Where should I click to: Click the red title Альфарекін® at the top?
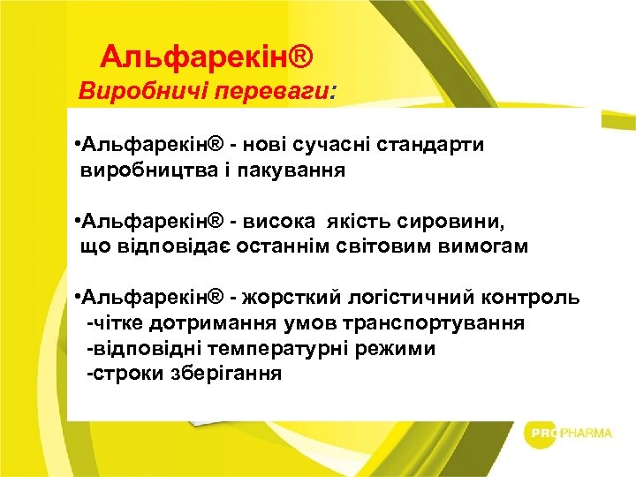click(x=207, y=57)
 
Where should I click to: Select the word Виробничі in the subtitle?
click(x=132, y=90)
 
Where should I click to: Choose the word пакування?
click(x=293, y=170)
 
